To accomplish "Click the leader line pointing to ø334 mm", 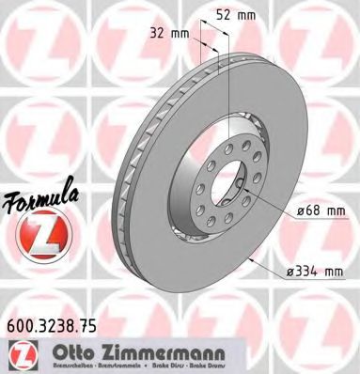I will [x=273, y=264].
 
